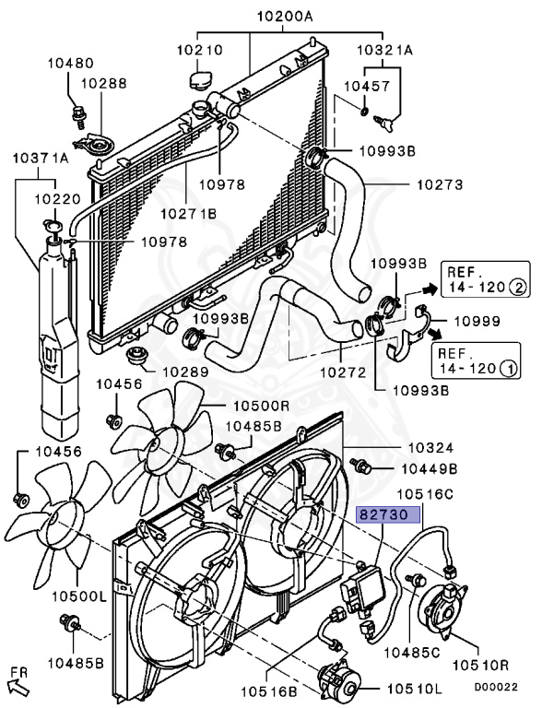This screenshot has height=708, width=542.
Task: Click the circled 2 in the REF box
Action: [x=519, y=288]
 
